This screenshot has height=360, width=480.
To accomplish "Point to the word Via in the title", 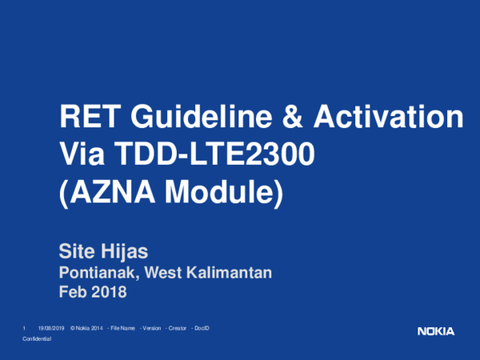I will click(x=81, y=154).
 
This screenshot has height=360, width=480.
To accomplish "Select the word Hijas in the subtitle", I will click(x=126, y=254).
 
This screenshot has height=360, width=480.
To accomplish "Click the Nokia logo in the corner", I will click(x=435, y=331).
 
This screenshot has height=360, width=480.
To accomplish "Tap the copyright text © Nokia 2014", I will click(x=87, y=329).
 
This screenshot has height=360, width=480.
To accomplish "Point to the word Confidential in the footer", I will click(x=37, y=340).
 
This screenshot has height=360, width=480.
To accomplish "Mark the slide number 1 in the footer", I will click(x=26, y=329).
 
